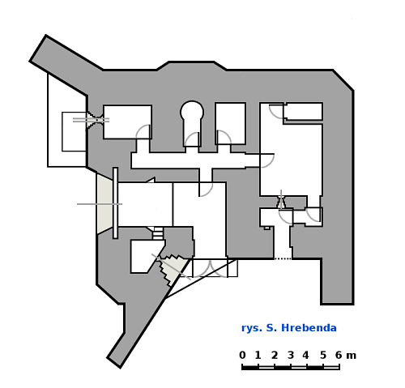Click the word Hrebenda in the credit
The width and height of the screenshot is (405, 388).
pos(309,328)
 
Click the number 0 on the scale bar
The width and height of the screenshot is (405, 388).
pos(242,355)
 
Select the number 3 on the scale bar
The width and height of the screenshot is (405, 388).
pos(291,355)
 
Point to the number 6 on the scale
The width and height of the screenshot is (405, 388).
pos(339,355)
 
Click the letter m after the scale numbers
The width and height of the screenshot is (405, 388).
pos(352,356)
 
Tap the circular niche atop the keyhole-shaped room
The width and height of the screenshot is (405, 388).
pos(192,110)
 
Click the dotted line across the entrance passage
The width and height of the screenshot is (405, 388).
pos(283,258)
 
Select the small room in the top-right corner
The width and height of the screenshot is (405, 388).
pos(303,111)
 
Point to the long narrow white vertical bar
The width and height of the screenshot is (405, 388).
pos(115,203)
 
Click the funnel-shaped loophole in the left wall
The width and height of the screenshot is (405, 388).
pos(95,120)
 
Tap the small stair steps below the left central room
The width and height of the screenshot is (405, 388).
pos(158,233)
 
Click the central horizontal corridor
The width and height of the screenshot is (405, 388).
pos(195,160)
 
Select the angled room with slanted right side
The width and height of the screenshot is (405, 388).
pos(146,256)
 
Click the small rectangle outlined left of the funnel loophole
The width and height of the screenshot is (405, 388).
pos(75,131)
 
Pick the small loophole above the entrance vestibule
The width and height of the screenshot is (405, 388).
pos(281,202)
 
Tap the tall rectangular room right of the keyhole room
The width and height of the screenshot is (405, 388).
pos(230,123)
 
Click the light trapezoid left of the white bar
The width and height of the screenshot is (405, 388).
pos(104,203)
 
